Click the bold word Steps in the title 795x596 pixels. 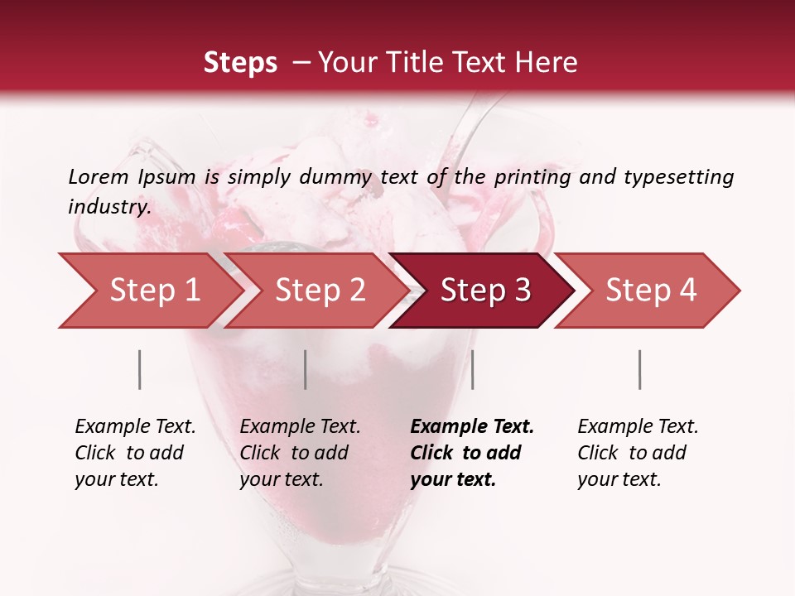click(240, 62)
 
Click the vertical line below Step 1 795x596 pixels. click(140, 369)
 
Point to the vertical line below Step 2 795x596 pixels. click(306, 369)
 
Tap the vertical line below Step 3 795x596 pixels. click(472, 369)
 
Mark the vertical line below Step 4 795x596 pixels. click(639, 369)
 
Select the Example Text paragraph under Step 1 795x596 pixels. click(135, 452)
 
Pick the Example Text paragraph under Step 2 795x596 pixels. click(300, 452)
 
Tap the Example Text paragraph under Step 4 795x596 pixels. click(638, 452)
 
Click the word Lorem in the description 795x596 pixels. click(99, 176)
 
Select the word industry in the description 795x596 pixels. click(108, 207)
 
